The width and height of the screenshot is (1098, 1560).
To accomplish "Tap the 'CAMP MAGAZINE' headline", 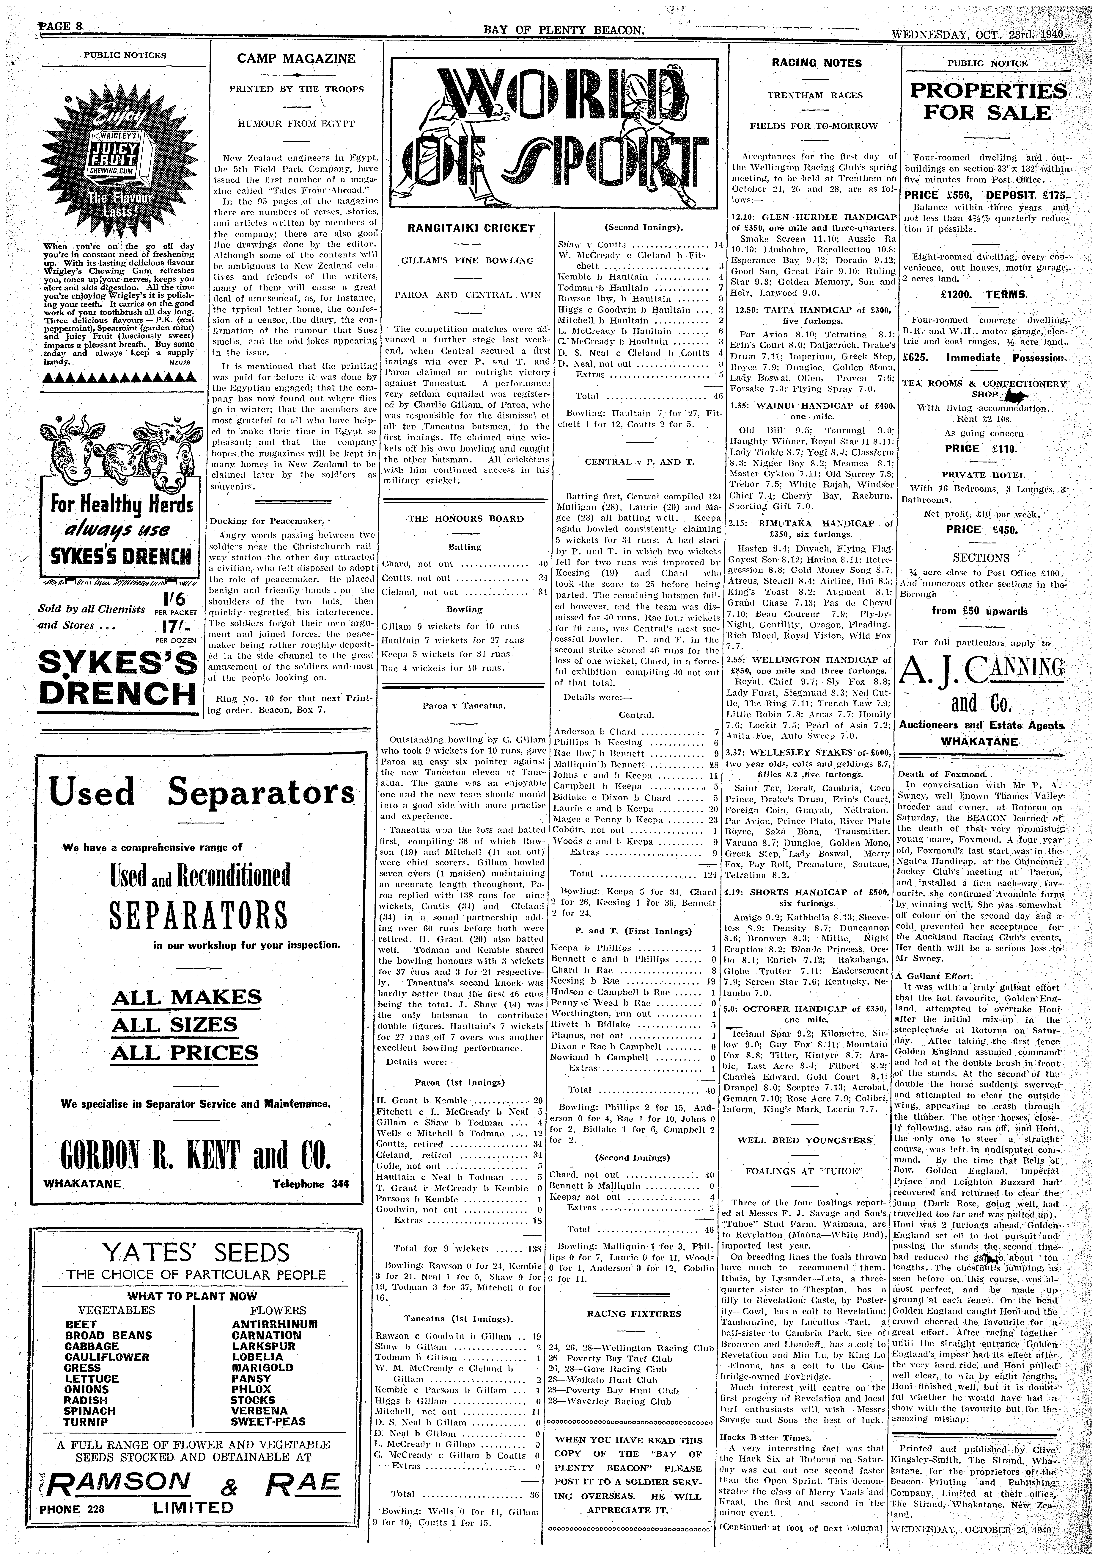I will click(x=296, y=59).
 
